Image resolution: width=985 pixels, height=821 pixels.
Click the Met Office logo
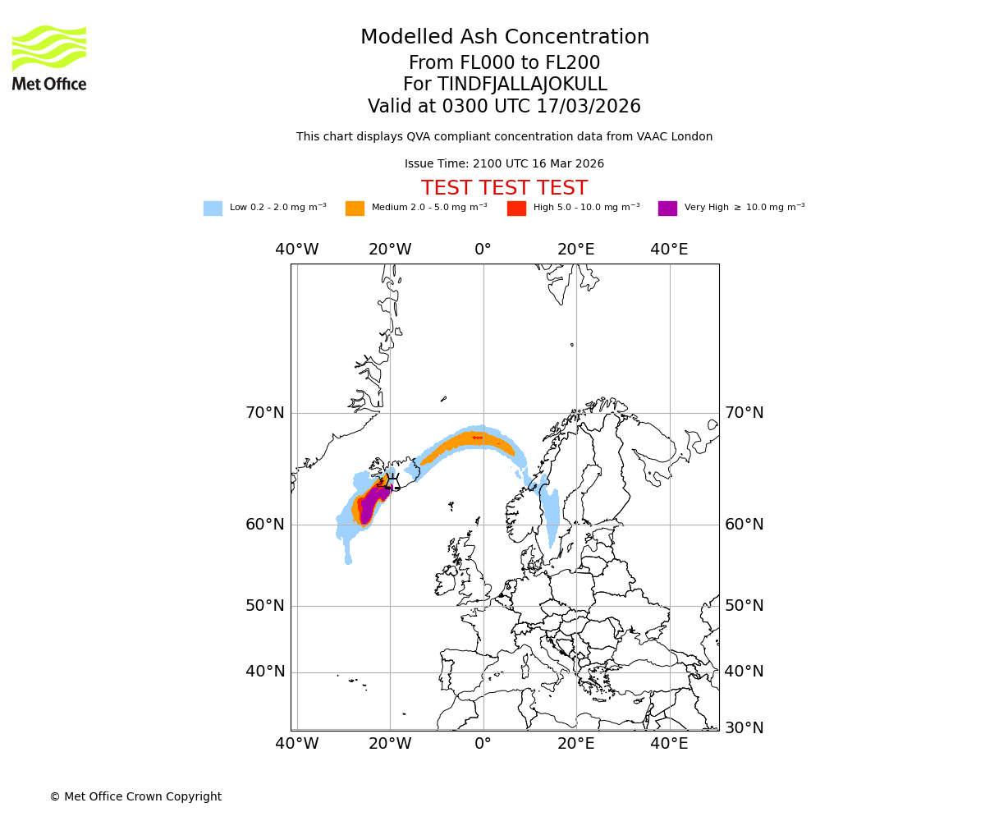pos(49,57)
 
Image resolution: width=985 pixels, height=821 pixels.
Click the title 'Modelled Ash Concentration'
pos(504,38)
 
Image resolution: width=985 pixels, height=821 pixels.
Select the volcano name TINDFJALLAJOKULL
pos(522,85)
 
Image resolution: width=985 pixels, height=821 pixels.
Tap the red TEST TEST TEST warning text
pos(504,188)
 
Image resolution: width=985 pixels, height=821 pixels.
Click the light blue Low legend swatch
pos(213,209)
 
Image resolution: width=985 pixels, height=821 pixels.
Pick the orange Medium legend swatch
pos(355,209)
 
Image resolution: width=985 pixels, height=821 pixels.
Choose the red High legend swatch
pos(516,209)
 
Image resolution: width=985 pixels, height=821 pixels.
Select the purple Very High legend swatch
pos(667,209)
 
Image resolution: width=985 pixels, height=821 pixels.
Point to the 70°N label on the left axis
pos(265,413)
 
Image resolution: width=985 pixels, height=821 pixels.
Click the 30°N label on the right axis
pos(744,728)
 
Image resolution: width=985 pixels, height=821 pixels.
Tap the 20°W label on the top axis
pos(390,250)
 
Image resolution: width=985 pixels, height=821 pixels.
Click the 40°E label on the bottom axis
pos(669,744)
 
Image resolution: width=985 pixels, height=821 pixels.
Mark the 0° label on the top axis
pos(483,250)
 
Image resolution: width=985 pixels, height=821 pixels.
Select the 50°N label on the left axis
pos(265,606)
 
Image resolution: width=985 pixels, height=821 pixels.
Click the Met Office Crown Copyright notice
pos(135,796)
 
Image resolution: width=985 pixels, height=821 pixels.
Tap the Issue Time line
pos(504,164)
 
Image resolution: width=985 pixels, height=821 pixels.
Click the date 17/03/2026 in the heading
pos(589,107)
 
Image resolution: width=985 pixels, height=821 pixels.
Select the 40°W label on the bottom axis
pos(297,744)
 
